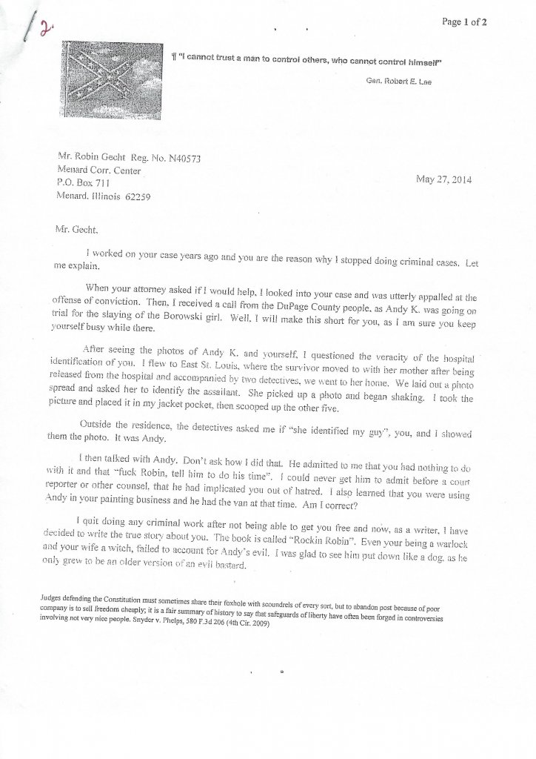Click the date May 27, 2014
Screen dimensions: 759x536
[446, 179]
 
